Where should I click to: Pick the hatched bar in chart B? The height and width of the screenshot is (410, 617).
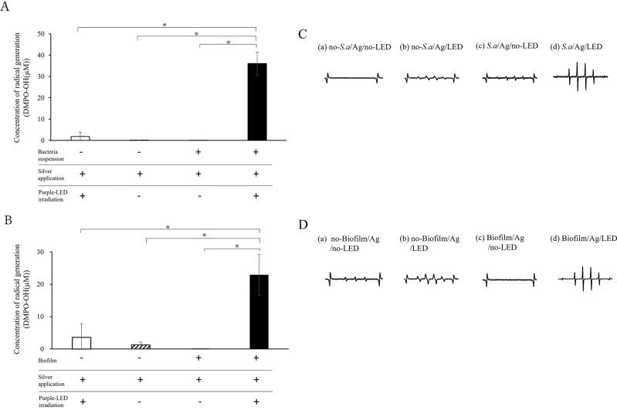pos(140,347)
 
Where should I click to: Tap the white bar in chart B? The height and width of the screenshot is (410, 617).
pos(80,343)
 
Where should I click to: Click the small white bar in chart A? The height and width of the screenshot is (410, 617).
pos(80,137)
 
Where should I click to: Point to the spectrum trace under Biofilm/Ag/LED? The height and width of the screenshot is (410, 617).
pos(584,278)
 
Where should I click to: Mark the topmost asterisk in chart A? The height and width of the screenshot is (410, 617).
pos(164,25)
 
